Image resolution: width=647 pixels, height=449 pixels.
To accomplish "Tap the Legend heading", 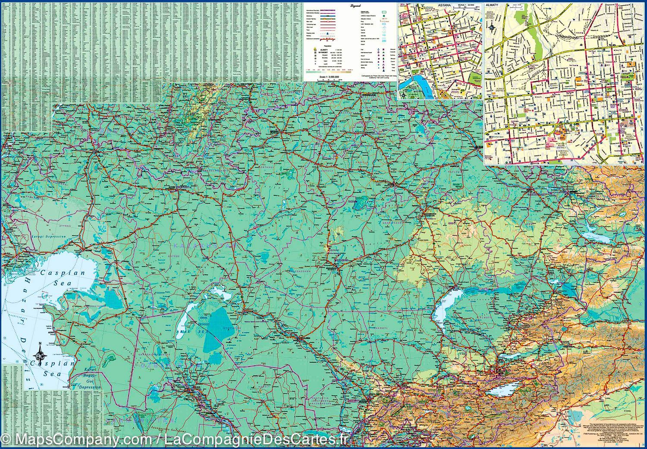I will click(355, 6).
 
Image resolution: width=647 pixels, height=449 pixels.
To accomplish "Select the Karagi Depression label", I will click(48, 237).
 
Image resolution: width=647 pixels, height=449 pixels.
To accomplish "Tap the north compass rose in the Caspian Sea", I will click(41, 354).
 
